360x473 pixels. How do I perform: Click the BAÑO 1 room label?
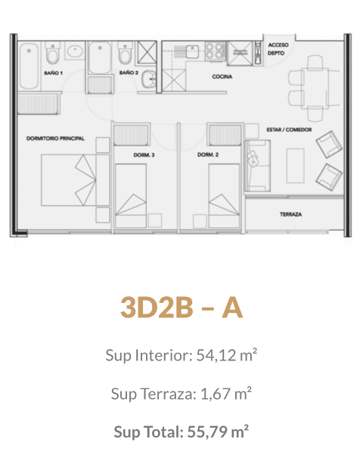53,73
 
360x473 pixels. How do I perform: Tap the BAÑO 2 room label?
129,73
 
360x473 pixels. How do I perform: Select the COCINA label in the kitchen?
222,76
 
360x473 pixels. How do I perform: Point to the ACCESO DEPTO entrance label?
278,49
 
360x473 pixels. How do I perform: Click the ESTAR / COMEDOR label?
289,130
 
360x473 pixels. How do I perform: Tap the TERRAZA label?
290,214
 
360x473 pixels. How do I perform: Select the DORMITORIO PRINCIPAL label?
55,138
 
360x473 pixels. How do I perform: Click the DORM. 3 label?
144,155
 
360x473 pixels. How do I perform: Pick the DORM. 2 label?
208,155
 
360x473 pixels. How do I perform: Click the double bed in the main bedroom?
75,180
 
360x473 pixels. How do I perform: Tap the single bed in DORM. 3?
131,196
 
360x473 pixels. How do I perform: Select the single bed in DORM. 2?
224,196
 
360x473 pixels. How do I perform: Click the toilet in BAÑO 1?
53,53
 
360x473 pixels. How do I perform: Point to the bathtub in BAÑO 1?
29,66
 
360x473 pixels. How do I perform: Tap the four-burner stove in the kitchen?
216,51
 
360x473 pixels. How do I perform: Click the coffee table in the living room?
295,165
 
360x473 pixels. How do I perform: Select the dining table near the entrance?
315,88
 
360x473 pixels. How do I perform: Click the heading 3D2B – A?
182,308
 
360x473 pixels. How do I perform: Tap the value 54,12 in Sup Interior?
216,355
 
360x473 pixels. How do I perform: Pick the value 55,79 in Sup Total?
207,432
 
